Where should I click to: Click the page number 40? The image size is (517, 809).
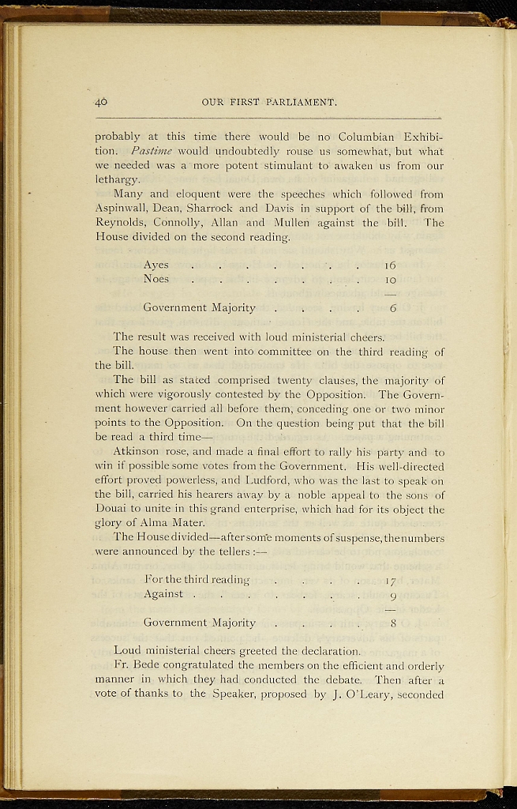(x=101, y=102)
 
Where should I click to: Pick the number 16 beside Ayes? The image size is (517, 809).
(x=390, y=265)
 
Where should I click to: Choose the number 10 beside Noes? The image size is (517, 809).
(x=390, y=279)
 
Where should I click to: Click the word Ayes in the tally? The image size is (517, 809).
(x=155, y=265)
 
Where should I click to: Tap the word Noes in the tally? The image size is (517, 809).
(x=156, y=279)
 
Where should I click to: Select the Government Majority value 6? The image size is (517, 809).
(x=392, y=308)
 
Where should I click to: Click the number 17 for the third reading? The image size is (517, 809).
(x=390, y=581)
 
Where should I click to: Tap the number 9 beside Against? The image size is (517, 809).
(x=391, y=595)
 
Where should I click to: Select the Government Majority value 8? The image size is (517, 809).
(x=392, y=623)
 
